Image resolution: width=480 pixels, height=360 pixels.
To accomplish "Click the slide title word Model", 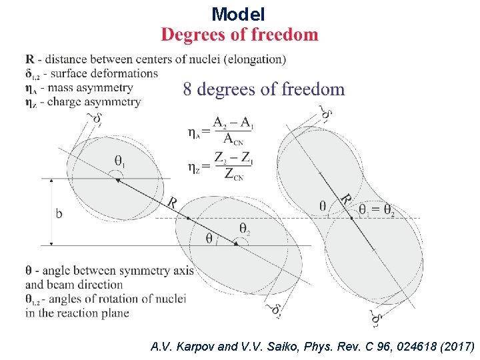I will (239, 13).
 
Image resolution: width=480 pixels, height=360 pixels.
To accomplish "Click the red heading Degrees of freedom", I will (240, 35).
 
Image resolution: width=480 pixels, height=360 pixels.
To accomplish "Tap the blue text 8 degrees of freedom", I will (264, 89).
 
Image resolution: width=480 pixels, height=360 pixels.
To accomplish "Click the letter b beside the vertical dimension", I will (59, 213).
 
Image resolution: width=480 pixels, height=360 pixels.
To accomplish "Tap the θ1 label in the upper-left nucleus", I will (121, 161).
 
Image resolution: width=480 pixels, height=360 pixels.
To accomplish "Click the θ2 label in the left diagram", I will (245, 228).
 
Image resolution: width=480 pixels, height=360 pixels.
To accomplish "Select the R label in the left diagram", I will (172, 203).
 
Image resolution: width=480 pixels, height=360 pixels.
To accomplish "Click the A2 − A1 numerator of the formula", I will (233, 123).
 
